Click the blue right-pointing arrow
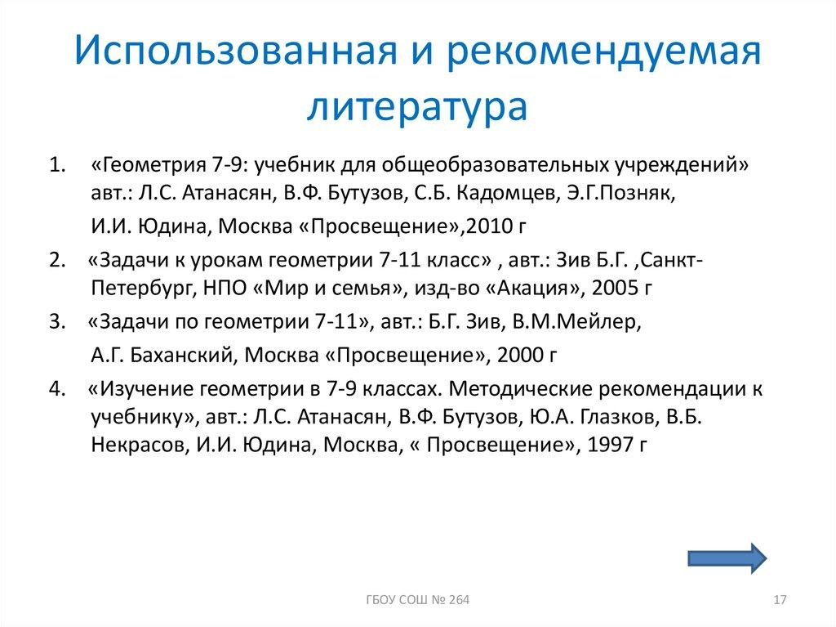(x=725, y=558)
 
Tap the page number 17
(x=778, y=602)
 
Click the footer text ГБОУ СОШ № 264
(x=417, y=602)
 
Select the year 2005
(x=623, y=289)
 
